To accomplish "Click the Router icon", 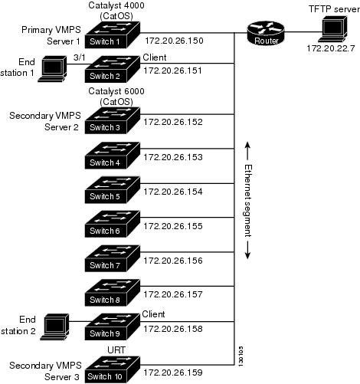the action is click(x=266, y=33).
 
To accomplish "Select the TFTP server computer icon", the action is click(x=332, y=28).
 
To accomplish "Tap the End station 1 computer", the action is click(x=53, y=69).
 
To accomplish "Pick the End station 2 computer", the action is click(x=54, y=327).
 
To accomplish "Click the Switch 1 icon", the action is click(x=113, y=34).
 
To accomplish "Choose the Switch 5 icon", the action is click(x=113, y=190).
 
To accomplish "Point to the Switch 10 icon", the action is click(x=113, y=369).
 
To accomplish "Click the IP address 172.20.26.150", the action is click(x=174, y=41).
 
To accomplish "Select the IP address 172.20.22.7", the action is click(x=331, y=48).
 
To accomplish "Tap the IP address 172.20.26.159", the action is click(x=173, y=373).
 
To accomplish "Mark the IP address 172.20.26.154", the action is click(x=173, y=192).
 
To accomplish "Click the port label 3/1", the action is click(x=79, y=57).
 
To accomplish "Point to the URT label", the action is click(x=116, y=350).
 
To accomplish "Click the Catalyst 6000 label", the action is click(x=116, y=91).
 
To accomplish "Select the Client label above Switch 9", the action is click(x=153, y=314).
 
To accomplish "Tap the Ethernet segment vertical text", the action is click(x=248, y=201).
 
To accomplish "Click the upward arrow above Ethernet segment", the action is click(x=247, y=151).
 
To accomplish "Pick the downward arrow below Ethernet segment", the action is click(x=247, y=250).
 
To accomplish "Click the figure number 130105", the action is click(x=241, y=356).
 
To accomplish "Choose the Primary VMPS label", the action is click(x=51, y=30).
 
